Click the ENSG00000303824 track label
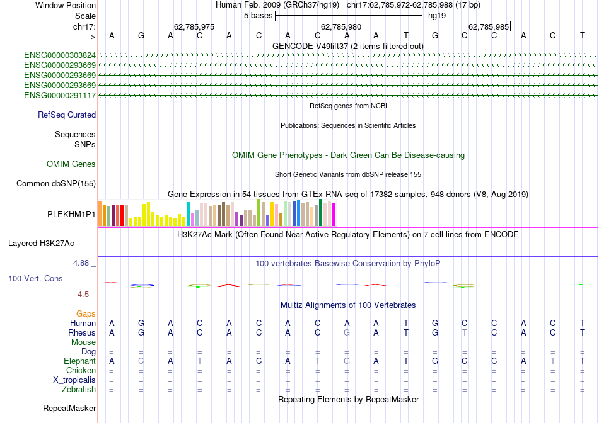(60, 55)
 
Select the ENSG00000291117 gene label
(60, 95)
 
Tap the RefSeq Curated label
(67, 115)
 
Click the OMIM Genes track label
(71, 164)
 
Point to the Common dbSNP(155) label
(56, 184)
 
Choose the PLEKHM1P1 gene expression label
(71, 215)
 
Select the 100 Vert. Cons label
(35, 278)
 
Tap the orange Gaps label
(86, 313)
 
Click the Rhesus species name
(82, 333)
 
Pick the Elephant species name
(79, 361)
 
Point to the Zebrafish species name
(78, 390)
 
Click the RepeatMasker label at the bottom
(69, 409)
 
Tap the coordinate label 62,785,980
(341, 27)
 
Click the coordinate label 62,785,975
(194, 27)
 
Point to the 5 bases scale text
(258, 15)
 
